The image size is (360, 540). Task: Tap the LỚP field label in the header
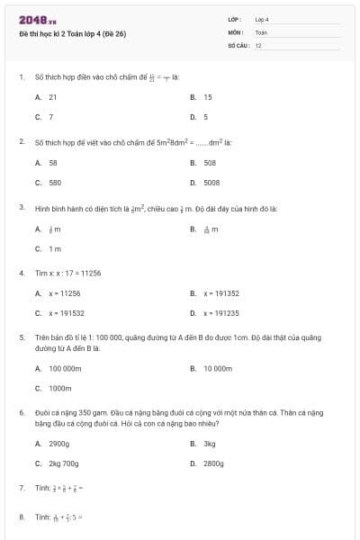coord(235,19)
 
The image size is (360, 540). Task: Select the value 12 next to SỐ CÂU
coord(258,44)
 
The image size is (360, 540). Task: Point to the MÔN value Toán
coord(261,31)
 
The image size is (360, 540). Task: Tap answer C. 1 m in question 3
coord(55,248)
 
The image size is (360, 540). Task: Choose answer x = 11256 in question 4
coord(65,292)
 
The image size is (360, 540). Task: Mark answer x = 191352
coord(221,292)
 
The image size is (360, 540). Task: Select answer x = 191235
coord(221,313)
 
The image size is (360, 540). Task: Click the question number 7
coord(22,487)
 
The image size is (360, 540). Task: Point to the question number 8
coord(22,517)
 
